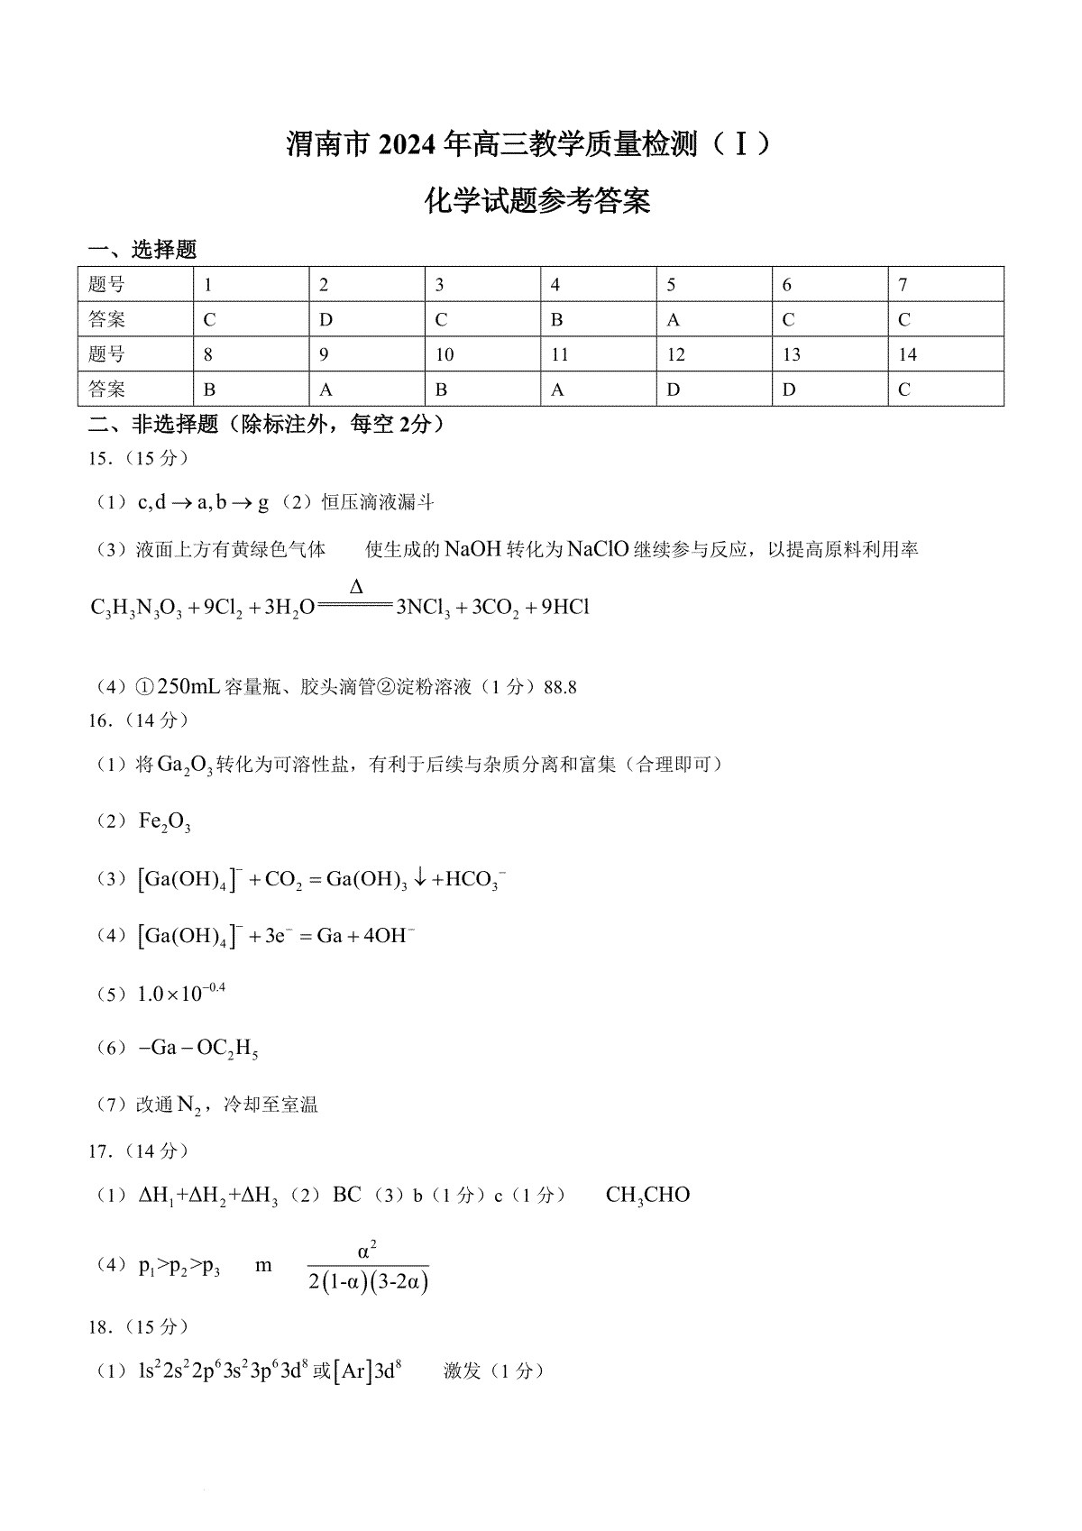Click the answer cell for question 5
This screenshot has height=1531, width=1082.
(x=713, y=319)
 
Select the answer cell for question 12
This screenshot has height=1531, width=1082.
(x=713, y=389)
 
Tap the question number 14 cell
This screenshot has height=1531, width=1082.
(x=945, y=354)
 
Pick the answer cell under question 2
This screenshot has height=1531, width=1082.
(x=366, y=319)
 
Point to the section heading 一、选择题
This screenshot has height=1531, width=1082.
(x=142, y=250)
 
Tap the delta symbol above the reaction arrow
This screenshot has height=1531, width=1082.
(x=356, y=587)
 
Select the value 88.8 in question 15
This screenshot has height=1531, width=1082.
(x=560, y=687)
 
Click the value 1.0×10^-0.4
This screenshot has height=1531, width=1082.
(x=180, y=994)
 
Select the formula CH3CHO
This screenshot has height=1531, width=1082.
(x=647, y=1196)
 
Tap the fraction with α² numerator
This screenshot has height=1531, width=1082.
(x=368, y=1267)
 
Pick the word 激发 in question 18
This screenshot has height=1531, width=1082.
(x=462, y=1371)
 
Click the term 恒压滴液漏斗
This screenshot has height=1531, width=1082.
(x=379, y=502)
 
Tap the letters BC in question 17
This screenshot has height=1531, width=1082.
(x=347, y=1196)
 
